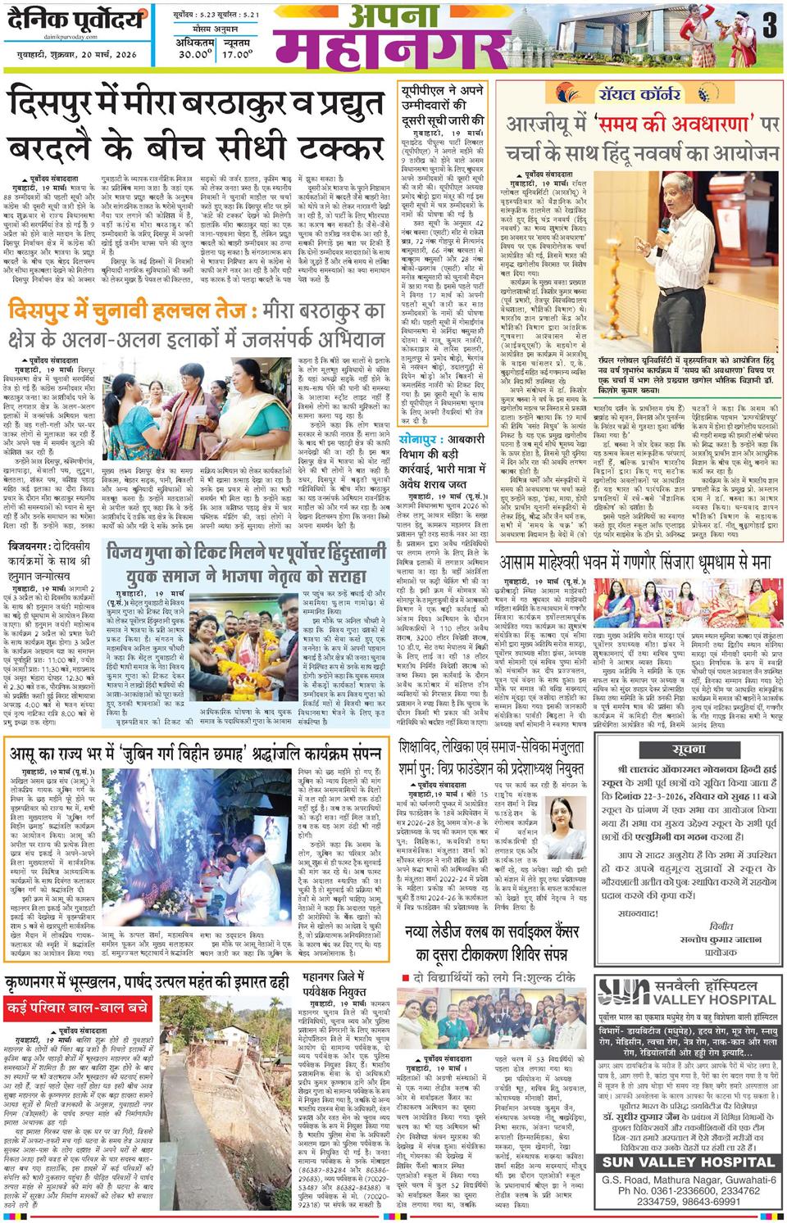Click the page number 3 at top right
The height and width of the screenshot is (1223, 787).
(x=768, y=27)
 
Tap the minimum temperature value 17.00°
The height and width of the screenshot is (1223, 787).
(x=238, y=55)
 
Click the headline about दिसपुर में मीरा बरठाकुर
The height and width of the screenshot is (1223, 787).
(x=197, y=127)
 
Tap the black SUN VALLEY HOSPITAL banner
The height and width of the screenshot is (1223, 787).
(x=687, y=1162)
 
